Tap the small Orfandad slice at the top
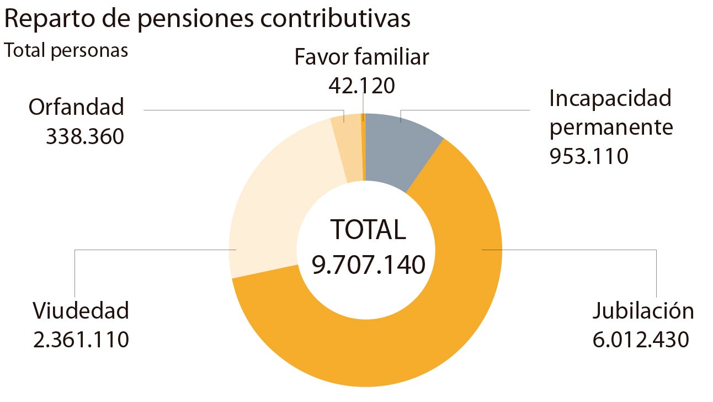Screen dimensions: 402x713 [x=347, y=149]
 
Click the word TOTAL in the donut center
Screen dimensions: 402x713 [x=368, y=230]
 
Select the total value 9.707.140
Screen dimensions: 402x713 [x=368, y=265]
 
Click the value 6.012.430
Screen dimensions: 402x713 [x=641, y=340]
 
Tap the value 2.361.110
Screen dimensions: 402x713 [x=81, y=340]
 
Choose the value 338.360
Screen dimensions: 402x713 [x=85, y=136]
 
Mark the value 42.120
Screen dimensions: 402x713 [x=361, y=86]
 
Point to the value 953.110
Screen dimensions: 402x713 [x=589, y=157]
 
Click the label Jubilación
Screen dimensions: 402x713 [x=643, y=311]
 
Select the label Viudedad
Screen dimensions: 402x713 [x=81, y=311]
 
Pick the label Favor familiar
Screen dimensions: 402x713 [x=361, y=57]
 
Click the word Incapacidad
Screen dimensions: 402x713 [x=610, y=99]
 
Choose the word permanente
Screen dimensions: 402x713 [x=611, y=128]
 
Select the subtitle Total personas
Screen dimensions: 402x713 [x=66, y=50]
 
